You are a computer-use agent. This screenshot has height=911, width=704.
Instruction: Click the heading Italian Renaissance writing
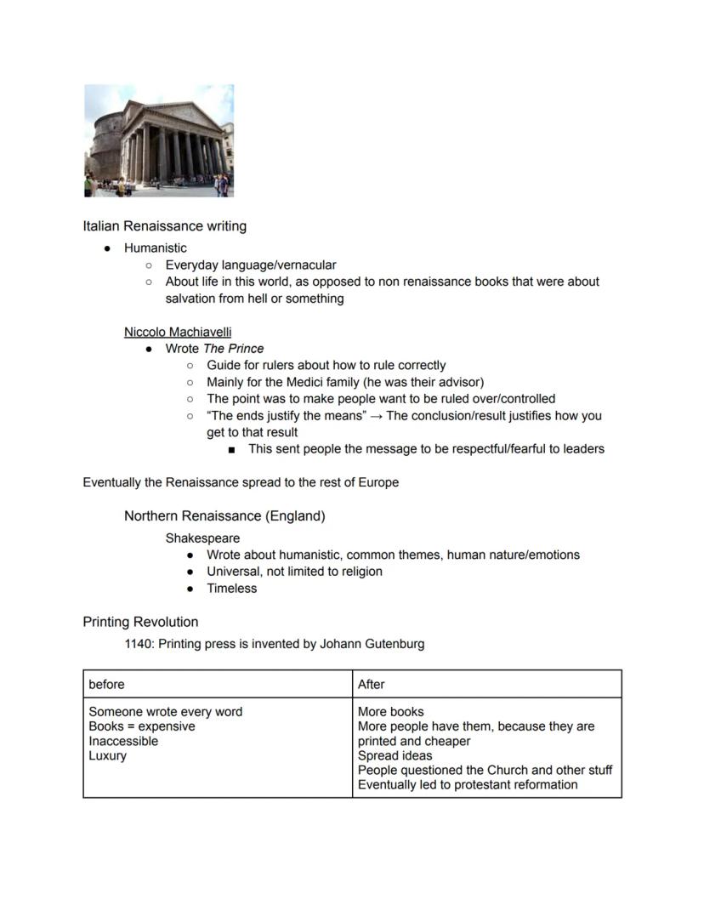(x=164, y=226)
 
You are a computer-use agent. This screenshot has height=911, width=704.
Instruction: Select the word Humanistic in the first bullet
(x=155, y=248)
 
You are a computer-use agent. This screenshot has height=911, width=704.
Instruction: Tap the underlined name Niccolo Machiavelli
(x=178, y=332)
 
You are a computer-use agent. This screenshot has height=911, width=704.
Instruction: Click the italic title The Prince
(x=233, y=349)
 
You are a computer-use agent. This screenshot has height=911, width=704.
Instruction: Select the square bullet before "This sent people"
(x=231, y=449)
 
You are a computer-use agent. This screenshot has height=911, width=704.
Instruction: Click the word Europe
(x=378, y=482)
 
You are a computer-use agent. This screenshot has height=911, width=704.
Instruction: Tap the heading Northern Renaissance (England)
(x=224, y=516)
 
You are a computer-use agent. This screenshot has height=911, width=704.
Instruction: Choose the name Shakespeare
(x=202, y=538)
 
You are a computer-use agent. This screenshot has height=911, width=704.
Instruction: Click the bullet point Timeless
(x=231, y=589)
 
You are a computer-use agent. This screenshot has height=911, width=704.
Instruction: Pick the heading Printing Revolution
(x=140, y=622)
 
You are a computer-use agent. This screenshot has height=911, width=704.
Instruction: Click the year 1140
(x=139, y=644)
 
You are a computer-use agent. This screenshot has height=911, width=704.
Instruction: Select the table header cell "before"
(x=107, y=684)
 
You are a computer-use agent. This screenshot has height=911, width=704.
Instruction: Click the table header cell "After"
(x=372, y=684)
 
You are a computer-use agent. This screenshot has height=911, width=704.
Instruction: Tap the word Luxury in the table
(x=107, y=756)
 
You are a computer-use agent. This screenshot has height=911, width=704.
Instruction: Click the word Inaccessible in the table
(x=123, y=742)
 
